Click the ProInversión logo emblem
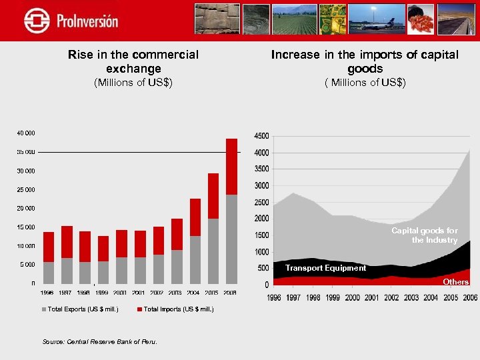coord(37,21)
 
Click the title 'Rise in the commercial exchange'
coord(133,61)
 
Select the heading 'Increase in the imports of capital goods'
coord(365,61)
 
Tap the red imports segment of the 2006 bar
coord(231,167)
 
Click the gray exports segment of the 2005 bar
coord(213,250)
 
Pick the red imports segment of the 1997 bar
coord(67,242)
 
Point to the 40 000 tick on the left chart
coord(27,133)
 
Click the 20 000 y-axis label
coord(27,208)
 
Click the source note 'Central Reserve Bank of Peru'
coord(100,341)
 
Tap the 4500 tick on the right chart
coord(261,136)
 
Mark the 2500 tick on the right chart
coord(261,202)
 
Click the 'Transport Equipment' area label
coord(325,268)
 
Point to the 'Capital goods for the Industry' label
coord(425,235)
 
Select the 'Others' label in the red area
coord(456,281)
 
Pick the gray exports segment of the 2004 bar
coord(195,259)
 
